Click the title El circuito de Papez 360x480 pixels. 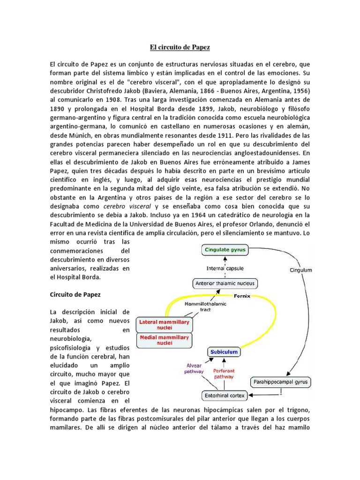click(x=180, y=47)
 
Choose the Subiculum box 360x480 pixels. click(x=223, y=352)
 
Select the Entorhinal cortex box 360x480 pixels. click(x=224, y=396)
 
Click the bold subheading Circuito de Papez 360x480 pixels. click(x=75, y=295)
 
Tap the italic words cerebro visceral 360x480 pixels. click(x=124, y=206)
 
